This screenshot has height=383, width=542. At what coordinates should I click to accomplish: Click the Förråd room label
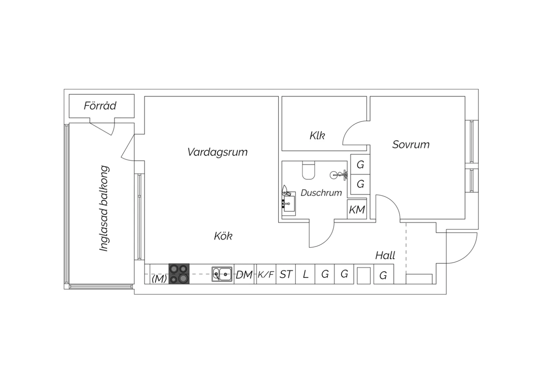coord(100,106)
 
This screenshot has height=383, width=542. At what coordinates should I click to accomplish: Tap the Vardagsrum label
coord(217,152)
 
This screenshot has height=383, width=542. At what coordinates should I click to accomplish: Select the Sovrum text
coord(410,145)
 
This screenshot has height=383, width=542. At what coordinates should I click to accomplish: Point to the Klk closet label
coord(317,135)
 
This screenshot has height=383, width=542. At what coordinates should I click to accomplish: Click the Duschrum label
coord(321,193)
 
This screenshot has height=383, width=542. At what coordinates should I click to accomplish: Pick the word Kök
coord(223,236)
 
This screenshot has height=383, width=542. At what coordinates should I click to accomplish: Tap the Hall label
coord(385,255)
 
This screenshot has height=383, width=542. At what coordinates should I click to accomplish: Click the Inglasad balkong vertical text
coord(104,208)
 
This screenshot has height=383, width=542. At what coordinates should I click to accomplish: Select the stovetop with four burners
coord(179,274)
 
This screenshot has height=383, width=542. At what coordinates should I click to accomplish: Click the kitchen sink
coord(222,274)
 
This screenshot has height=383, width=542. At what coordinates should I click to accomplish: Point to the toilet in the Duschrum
coord(309,170)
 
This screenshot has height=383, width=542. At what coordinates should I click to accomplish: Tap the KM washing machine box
coord(357,209)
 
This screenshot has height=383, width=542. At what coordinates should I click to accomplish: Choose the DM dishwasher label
coord(244,275)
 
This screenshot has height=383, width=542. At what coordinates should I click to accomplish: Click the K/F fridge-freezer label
coord(266,274)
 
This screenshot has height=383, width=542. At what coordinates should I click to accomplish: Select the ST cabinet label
coord(286,274)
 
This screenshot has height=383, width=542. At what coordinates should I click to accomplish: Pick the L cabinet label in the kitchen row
coord(305,274)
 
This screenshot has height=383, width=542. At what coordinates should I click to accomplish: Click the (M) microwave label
coord(159,279)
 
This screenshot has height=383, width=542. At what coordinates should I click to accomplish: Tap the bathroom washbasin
coord(289,204)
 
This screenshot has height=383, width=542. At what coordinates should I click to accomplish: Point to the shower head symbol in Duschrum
coord(339,175)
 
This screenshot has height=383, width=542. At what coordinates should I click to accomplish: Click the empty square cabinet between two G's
coord(364,276)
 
